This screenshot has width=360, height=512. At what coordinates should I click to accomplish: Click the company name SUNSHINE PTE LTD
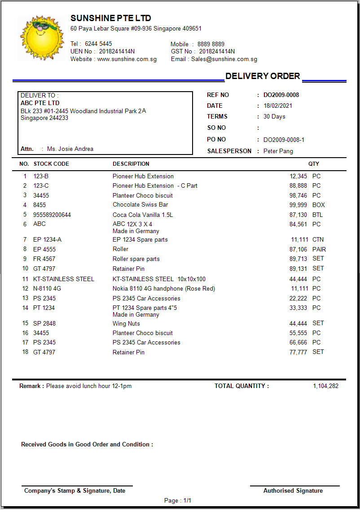coord(110,18)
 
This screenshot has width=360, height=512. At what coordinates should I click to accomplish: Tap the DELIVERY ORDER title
coord(263,76)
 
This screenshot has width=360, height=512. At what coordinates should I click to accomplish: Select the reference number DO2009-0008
coord(281,95)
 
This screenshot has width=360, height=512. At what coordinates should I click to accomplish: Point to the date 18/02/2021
coord(278,106)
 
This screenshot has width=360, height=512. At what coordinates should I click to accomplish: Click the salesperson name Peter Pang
coord(278,151)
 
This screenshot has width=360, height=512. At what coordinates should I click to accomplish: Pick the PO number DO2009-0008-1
coord(284,140)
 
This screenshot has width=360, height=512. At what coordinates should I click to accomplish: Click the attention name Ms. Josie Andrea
coord(70,149)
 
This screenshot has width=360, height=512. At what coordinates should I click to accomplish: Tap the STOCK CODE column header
coord(51,164)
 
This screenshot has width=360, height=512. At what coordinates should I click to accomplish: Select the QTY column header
coord(314,164)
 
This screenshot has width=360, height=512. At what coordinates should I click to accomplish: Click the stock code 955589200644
coord(52,215)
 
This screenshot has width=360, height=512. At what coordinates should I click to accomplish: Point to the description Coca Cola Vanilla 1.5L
coord(143,215)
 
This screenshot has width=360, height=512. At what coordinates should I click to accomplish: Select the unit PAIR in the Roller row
coord(319,249)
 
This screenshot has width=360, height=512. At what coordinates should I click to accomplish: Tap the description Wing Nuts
coord(126,324)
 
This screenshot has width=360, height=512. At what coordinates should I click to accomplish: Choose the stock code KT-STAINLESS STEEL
coord(64,279)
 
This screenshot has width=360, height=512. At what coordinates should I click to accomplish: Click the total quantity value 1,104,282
coord(325,386)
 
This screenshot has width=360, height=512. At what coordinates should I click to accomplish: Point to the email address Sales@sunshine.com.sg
coord(224,59)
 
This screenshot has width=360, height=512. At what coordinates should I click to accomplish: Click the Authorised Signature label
coord(293,491)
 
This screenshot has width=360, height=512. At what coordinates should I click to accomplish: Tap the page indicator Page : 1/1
coord(178,501)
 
